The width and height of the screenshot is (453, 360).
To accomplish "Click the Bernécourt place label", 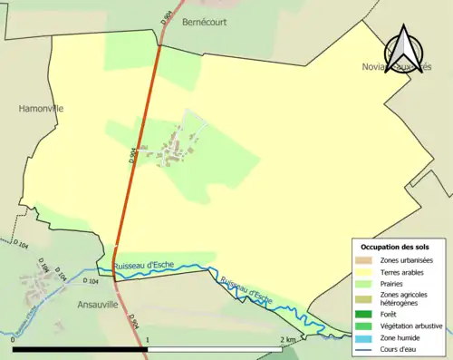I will point(204,21).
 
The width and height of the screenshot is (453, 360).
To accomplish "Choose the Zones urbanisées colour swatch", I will point(366,260).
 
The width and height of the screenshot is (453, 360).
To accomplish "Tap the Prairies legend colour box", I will point(366,282).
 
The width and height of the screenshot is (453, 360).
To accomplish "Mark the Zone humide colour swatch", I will point(366,336).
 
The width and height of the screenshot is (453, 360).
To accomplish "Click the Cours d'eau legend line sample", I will point(366,347).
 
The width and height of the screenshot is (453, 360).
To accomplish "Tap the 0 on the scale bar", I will point(14,340).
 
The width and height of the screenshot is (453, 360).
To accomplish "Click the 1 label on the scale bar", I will point(147,340).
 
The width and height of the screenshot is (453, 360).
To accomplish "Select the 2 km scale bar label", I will point(288,340).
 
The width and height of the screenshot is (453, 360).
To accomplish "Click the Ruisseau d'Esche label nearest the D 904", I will point(145,265).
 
